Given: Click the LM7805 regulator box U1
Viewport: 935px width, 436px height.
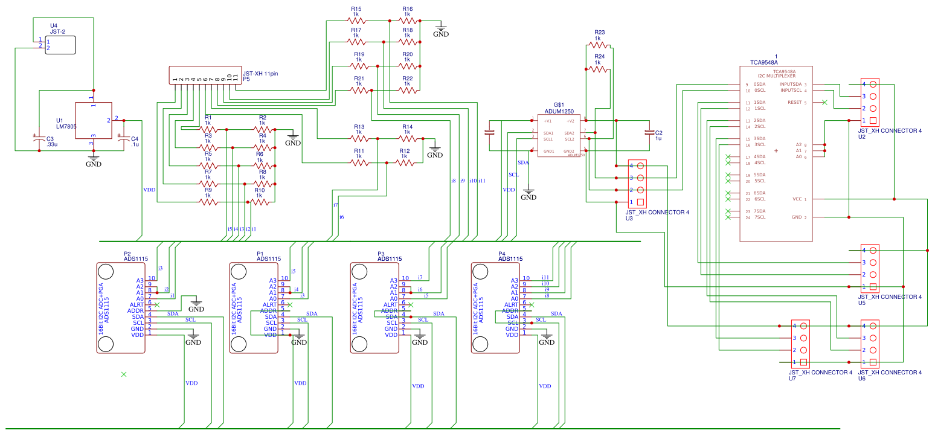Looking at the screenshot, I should (93, 121).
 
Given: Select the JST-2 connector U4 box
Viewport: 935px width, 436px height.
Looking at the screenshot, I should (61, 45).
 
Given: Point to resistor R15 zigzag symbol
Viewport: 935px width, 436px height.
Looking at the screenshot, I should (356, 20).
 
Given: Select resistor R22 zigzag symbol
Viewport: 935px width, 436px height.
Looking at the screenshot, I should (407, 90).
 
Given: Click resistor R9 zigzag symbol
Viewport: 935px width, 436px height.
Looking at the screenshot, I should (208, 202).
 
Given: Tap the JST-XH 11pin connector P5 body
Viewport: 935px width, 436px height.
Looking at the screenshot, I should (205, 76).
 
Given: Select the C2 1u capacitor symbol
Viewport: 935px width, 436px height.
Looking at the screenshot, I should (649, 132).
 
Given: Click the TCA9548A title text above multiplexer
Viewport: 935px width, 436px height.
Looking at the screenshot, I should (764, 62).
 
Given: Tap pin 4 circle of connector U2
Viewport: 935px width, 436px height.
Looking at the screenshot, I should (873, 84).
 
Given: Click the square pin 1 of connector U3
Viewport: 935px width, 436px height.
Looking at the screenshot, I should (641, 202).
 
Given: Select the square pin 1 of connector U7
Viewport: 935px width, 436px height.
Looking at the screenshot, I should (803, 362).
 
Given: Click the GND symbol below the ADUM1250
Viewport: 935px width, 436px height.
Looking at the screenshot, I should (529, 194).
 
